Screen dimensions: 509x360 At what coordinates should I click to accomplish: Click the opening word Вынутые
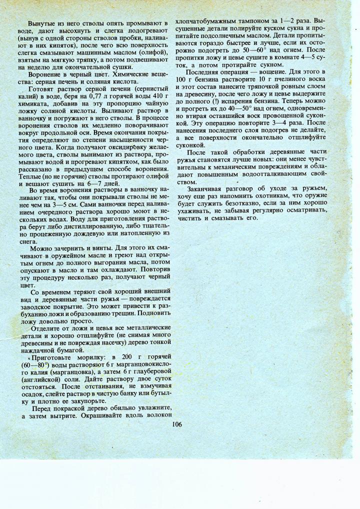(42, 24)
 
